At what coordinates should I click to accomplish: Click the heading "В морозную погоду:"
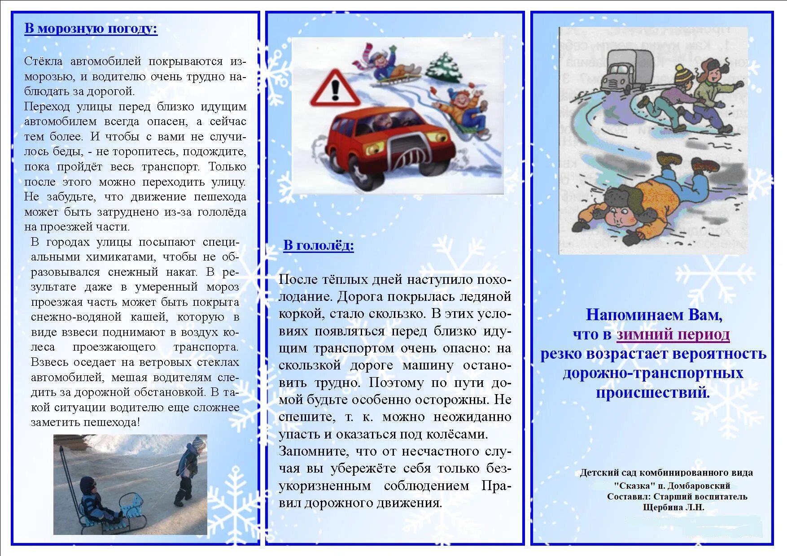point(91,29)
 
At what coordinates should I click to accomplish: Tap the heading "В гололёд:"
point(319,245)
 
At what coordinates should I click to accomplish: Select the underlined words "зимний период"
point(673,334)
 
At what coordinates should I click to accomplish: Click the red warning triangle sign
point(335,89)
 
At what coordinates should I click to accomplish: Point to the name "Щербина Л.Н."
point(673,508)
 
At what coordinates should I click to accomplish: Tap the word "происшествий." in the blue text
point(653,392)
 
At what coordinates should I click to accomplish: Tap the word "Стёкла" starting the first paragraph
point(43,61)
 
